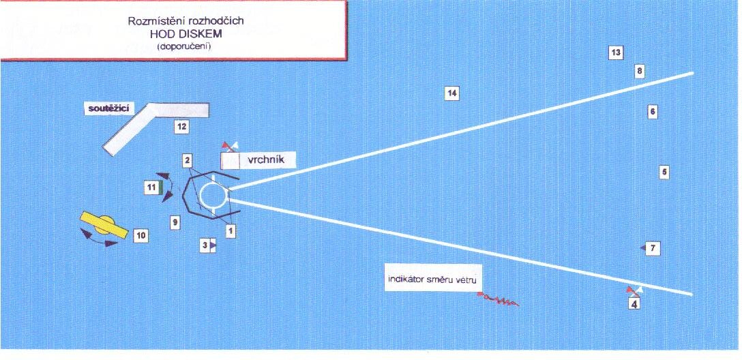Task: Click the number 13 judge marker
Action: click(615, 53)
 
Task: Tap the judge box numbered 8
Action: click(640, 72)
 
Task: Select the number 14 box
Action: click(452, 93)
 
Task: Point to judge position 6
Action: click(652, 112)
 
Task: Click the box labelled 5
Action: click(664, 172)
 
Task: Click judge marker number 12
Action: click(181, 126)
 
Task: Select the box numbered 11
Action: click(152, 187)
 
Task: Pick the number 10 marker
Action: click(141, 235)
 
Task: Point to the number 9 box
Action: click(175, 222)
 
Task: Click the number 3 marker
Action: click(205, 245)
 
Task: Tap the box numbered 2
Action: click(188, 160)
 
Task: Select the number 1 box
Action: click(231, 230)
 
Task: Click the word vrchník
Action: click(265, 160)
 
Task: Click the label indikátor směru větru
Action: click(432, 280)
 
